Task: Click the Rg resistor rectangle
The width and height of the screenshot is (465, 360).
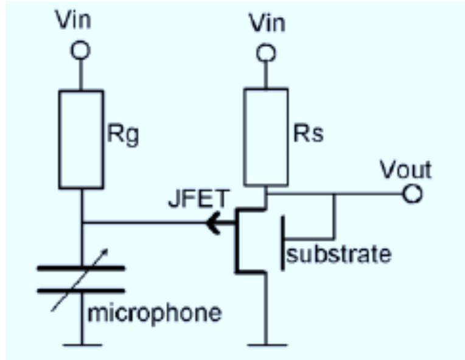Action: coord(81,139)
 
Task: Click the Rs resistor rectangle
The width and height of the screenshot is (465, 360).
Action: coord(266,136)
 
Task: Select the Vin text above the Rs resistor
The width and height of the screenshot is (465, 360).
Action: coord(265,23)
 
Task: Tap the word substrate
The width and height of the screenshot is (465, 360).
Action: coord(338,253)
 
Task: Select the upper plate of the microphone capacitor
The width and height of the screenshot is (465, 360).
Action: coord(81,267)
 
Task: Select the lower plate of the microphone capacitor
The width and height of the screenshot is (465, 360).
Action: coord(81,291)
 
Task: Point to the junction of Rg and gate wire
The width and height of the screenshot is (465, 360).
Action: coord(81,224)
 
